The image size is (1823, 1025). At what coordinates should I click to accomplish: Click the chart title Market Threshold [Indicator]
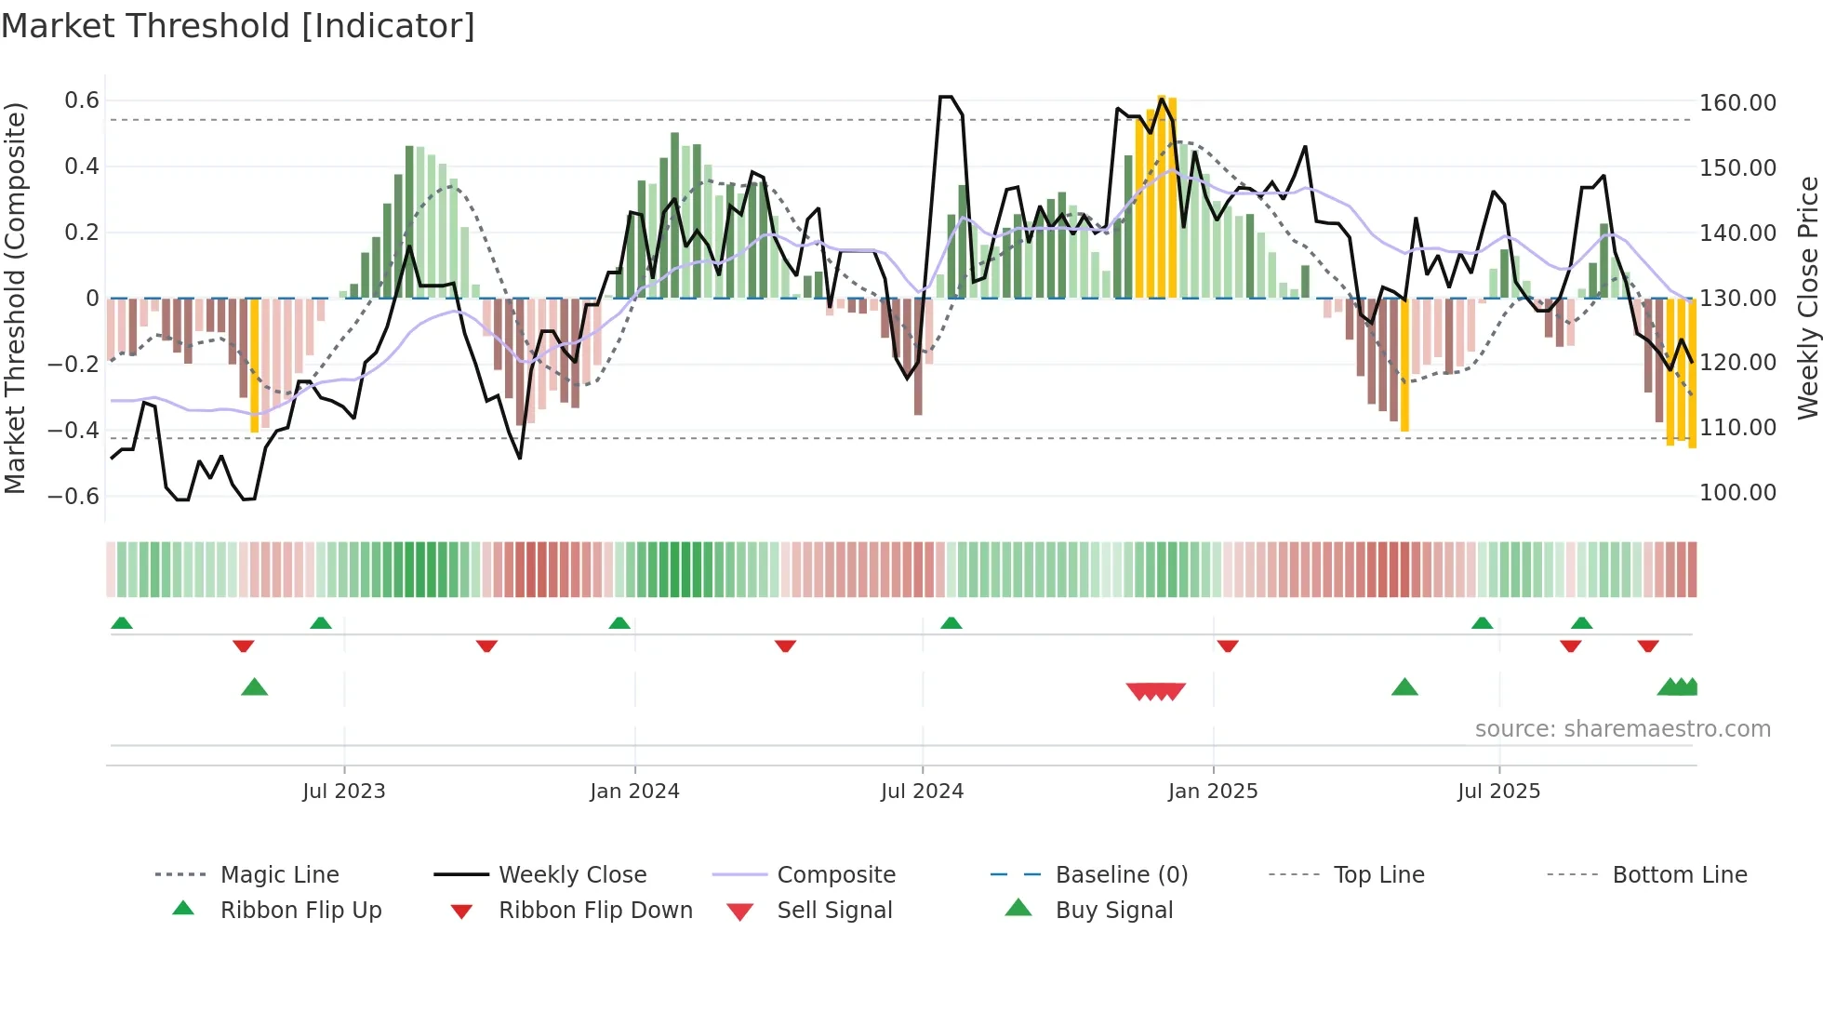(238, 26)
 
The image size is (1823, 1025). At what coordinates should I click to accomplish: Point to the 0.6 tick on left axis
(81, 100)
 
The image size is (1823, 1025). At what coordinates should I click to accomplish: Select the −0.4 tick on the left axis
(73, 430)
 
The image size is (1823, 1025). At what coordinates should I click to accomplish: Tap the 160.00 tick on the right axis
(1737, 103)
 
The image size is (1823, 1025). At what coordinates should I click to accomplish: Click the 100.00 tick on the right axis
(1737, 493)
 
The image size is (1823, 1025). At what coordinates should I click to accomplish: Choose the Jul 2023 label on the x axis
(343, 792)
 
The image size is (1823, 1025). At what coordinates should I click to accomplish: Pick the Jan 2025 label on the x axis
(1212, 792)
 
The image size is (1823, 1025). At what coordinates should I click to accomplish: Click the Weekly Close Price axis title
(1807, 298)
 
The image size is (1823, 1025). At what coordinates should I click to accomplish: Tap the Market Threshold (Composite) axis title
(15, 298)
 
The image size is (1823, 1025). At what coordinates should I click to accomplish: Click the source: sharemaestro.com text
(1622, 729)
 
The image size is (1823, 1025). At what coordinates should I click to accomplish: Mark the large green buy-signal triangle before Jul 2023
(254, 688)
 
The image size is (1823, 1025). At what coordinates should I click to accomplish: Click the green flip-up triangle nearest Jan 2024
(619, 623)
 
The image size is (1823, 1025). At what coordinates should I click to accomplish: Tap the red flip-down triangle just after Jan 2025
(1227, 646)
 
